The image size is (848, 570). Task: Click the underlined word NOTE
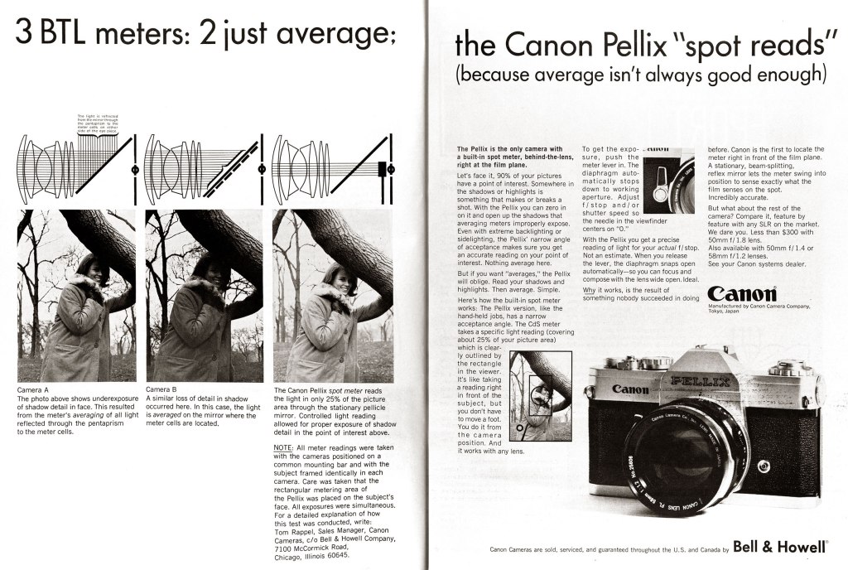point(283,447)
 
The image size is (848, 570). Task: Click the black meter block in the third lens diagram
point(382,169)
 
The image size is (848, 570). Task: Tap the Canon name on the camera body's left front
point(630,389)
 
